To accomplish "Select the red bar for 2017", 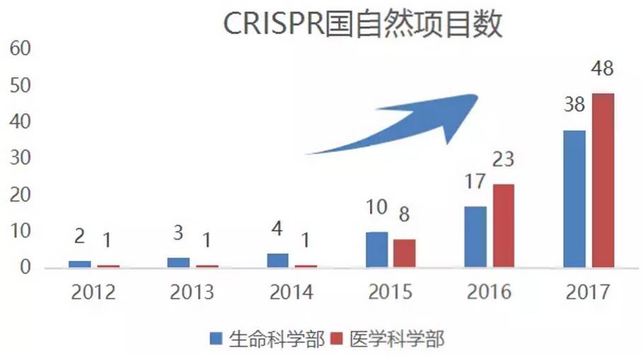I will click(x=603, y=180).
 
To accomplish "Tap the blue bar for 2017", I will click(x=574, y=199).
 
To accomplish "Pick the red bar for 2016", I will click(x=504, y=226).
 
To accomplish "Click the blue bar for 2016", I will click(x=475, y=237).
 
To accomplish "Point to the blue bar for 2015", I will click(x=376, y=250).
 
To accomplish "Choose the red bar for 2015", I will click(x=405, y=253).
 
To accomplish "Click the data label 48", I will click(x=603, y=70).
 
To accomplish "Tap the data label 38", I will click(x=574, y=105).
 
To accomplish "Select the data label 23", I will click(x=504, y=159).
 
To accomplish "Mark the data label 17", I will click(x=475, y=181).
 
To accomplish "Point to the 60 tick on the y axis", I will click(x=20, y=50).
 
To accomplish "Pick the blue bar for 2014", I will click(x=277, y=260).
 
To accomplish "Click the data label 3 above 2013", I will click(x=178, y=233).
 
